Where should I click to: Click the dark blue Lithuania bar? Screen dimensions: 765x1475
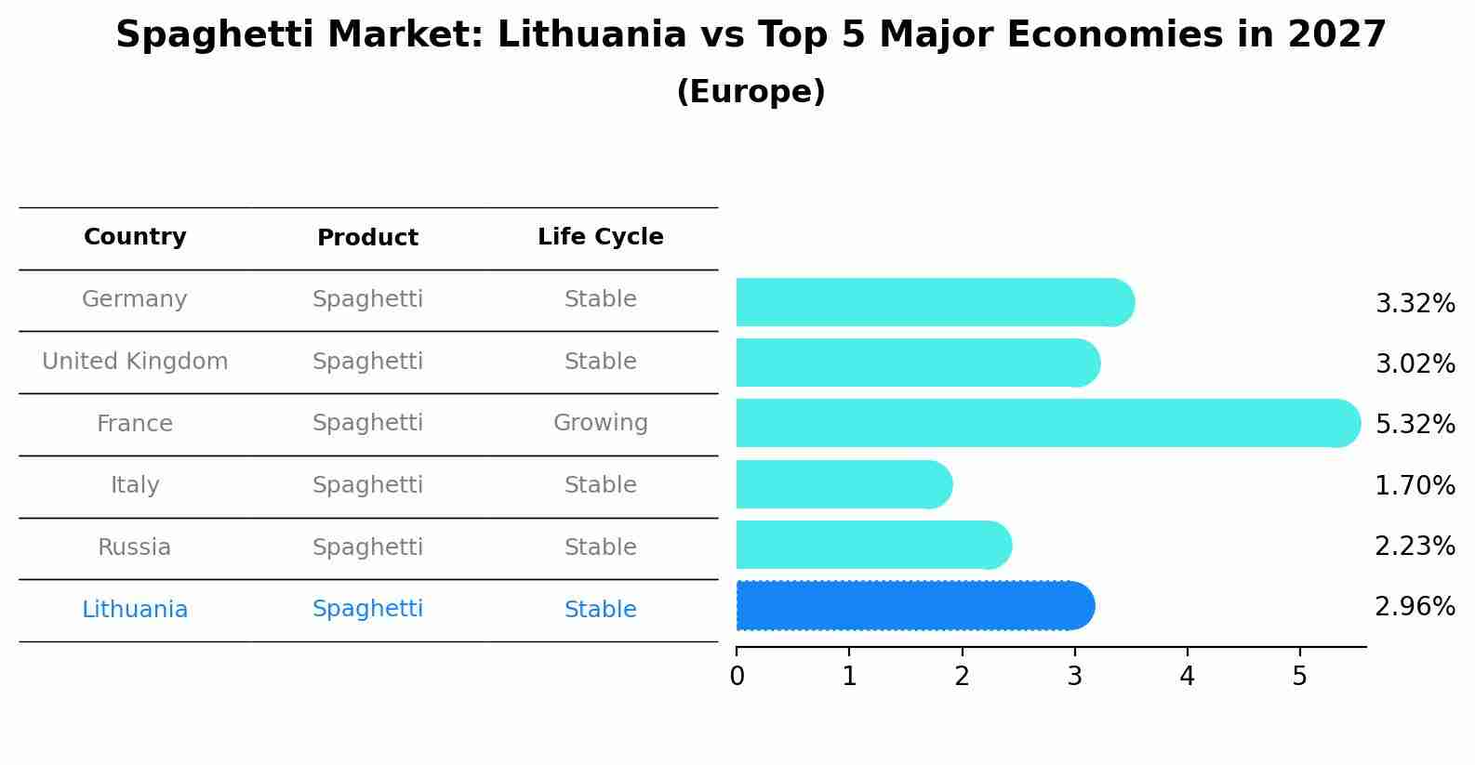(911, 606)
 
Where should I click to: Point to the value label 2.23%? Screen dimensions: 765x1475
(1415, 546)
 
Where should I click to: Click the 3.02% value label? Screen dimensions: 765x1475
(1415, 363)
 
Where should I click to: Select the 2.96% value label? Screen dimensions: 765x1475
(1415, 607)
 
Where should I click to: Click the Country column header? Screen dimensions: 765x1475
(135, 237)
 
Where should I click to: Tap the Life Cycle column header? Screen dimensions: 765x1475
(600, 237)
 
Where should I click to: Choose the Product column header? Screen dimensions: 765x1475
(367, 238)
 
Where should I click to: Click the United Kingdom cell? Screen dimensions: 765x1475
(135, 362)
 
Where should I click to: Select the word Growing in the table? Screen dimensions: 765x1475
(600, 423)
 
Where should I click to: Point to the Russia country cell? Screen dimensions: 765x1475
(135, 547)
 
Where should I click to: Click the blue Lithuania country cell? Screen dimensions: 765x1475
(135, 610)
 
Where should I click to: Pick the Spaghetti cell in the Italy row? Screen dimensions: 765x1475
(367, 485)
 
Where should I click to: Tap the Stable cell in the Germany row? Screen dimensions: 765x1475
(600, 299)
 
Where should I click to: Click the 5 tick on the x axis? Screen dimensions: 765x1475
(1299, 676)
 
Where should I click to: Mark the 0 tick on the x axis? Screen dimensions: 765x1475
(737, 676)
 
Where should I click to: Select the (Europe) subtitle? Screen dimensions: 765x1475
(751, 92)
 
